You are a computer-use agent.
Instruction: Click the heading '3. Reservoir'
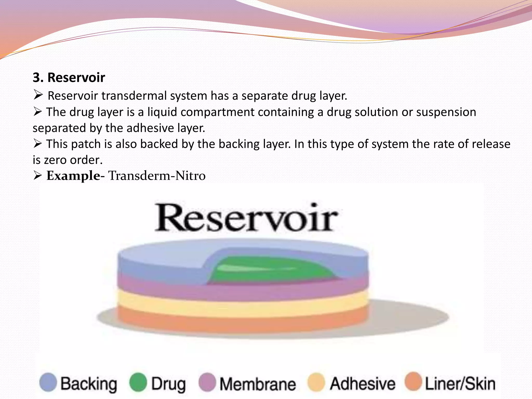pos(69,77)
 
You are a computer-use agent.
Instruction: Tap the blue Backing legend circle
pos(48,382)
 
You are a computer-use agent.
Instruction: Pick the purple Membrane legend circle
pos(207,382)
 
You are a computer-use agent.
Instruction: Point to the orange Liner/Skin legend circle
pos(413,382)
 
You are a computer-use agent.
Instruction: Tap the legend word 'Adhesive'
pos(363,384)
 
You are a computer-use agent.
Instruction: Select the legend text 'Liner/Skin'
pos(460,384)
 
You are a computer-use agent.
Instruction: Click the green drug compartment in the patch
pos(273,270)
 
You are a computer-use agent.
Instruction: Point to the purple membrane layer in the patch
pos(242,291)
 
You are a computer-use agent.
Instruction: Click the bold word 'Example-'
pos(75,176)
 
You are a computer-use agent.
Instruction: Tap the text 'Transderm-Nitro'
pos(157,176)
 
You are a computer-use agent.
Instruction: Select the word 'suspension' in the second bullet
pos(446,112)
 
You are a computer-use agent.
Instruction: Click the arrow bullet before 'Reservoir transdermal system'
pos(38,96)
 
